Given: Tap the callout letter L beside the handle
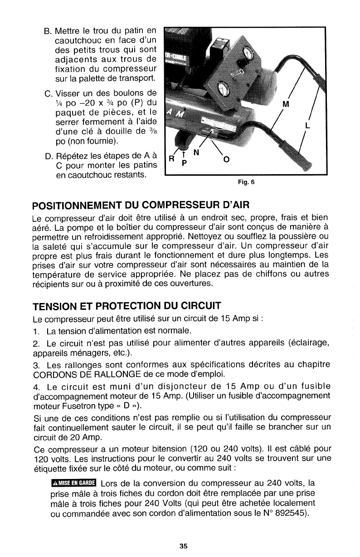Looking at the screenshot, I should (x=308, y=127).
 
